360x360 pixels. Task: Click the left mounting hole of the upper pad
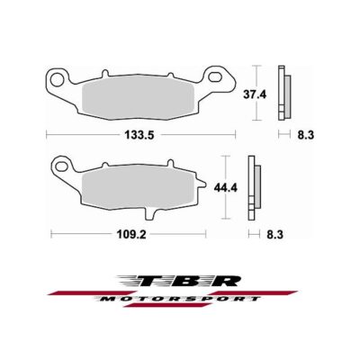click(58, 78)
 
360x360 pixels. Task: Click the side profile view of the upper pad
click(285, 94)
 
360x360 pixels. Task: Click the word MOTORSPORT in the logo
click(184, 297)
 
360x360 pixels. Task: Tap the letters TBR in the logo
click(180, 280)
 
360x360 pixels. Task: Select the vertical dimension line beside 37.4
click(258, 94)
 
